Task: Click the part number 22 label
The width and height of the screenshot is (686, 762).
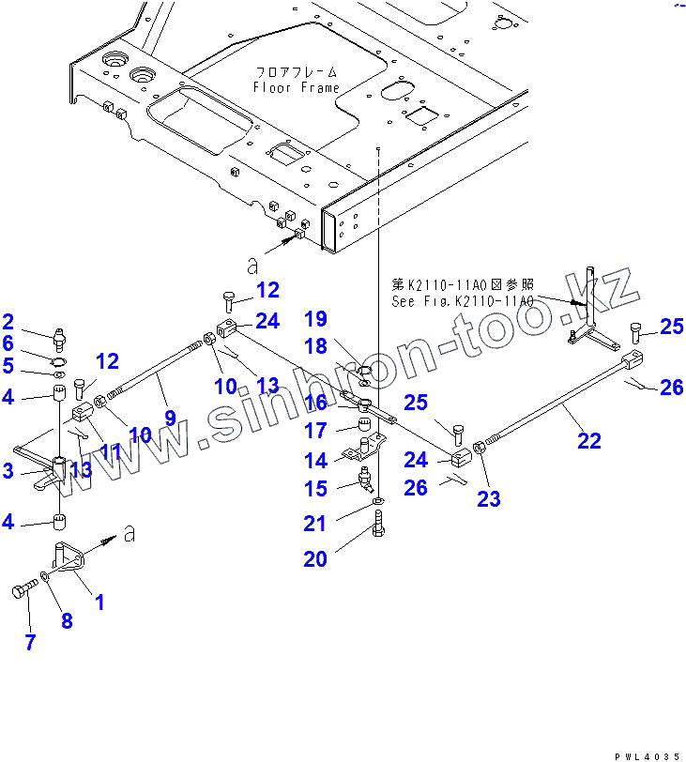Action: point(588,440)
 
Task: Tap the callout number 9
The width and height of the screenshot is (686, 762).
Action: point(170,418)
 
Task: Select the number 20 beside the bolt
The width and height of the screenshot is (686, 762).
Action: point(315,559)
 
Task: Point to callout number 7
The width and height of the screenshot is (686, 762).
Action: point(30,643)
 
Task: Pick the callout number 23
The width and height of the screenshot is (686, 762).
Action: point(488,498)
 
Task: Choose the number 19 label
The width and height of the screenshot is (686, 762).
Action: point(314,318)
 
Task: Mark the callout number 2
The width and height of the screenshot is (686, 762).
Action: point(8,322)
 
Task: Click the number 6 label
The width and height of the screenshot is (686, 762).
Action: point(8,343)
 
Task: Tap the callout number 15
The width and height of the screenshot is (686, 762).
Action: point(315,488)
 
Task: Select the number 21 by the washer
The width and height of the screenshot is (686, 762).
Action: point(315,523)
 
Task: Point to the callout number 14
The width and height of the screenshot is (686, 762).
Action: point(315,460)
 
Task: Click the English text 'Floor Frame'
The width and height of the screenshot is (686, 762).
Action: point(296,88)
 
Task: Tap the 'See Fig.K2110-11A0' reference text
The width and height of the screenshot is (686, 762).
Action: point(463,301)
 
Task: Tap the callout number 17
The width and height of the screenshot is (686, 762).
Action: point(315,431)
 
